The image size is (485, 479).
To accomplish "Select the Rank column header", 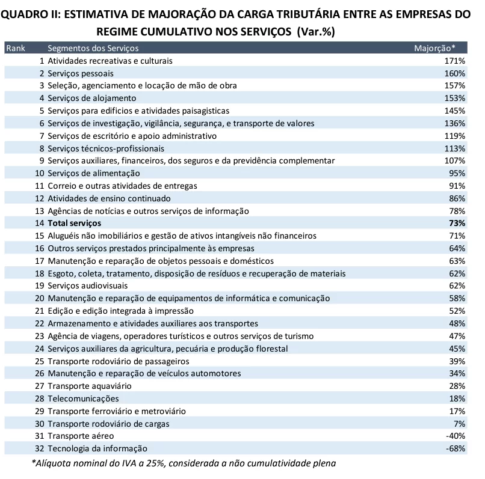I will (x=15, y=48).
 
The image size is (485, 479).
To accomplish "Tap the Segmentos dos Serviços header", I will (x=93, y=48).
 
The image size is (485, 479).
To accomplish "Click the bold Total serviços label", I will (x=75, y=223).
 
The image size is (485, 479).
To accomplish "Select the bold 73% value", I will (x=457, y=223).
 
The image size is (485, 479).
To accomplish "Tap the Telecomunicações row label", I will (x=83, y=398).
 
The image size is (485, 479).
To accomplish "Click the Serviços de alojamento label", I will (x=92, y=98).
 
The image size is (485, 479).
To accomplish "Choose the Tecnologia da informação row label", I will (x=97, y=448).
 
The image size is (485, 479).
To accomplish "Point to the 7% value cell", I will (x=460, y=423).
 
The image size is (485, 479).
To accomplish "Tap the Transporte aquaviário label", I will (x=89, y=386).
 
